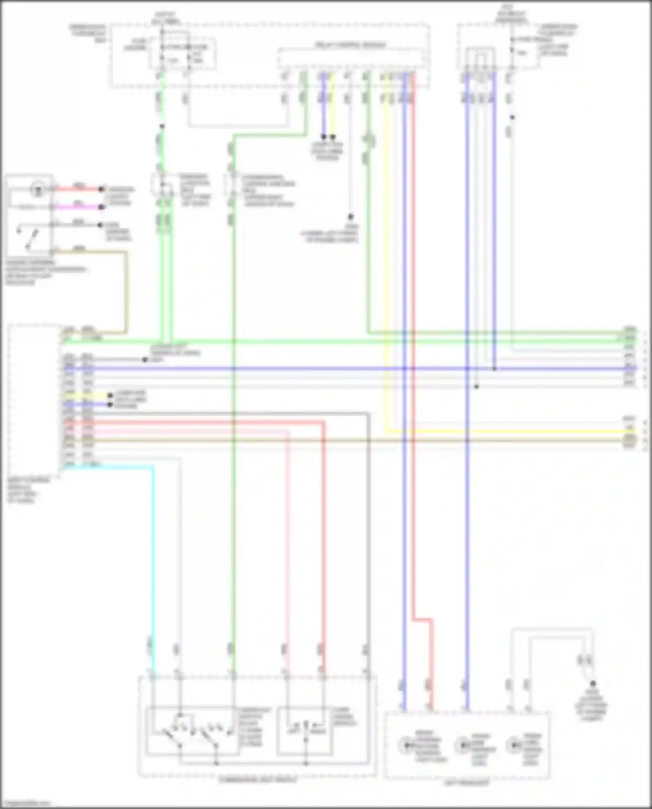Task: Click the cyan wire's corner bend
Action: coord(153,467)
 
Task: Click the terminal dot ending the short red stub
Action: coord(101,189)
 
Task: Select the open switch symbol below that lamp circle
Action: coord(27,237)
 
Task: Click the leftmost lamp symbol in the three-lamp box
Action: coord(406,745)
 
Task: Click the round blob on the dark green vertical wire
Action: coord(369,140)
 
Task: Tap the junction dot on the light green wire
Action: coord(162,127)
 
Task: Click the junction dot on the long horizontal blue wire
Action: coord(494,369)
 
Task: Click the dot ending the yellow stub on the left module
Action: coord(110,396)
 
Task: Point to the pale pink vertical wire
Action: coord(287,543)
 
